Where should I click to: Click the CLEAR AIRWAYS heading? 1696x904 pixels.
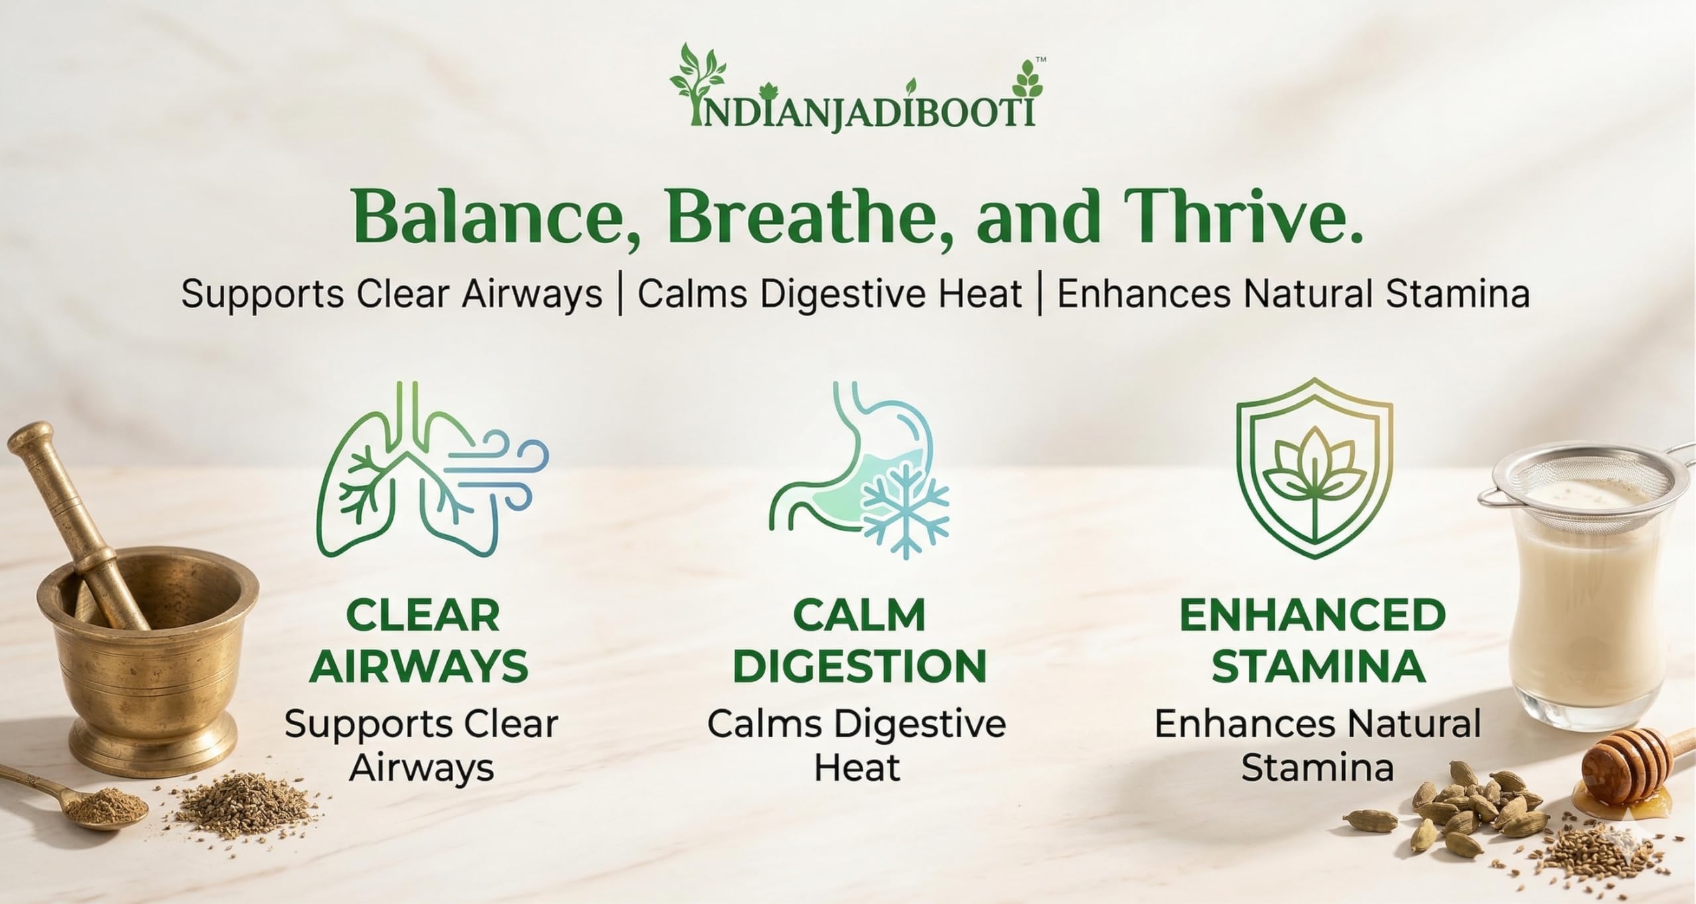pyautogui.click(x=419, y=640)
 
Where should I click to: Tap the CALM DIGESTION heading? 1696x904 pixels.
pyautogui.click(x=859, y=640)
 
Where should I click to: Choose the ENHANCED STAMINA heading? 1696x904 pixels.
pyautogui.click(x=1312, y=640)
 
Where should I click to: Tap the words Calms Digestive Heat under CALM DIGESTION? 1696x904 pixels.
pyautogui.click(x=857, y=746)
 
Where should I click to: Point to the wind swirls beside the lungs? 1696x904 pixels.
pyautogui.click(x=497, y=471)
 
